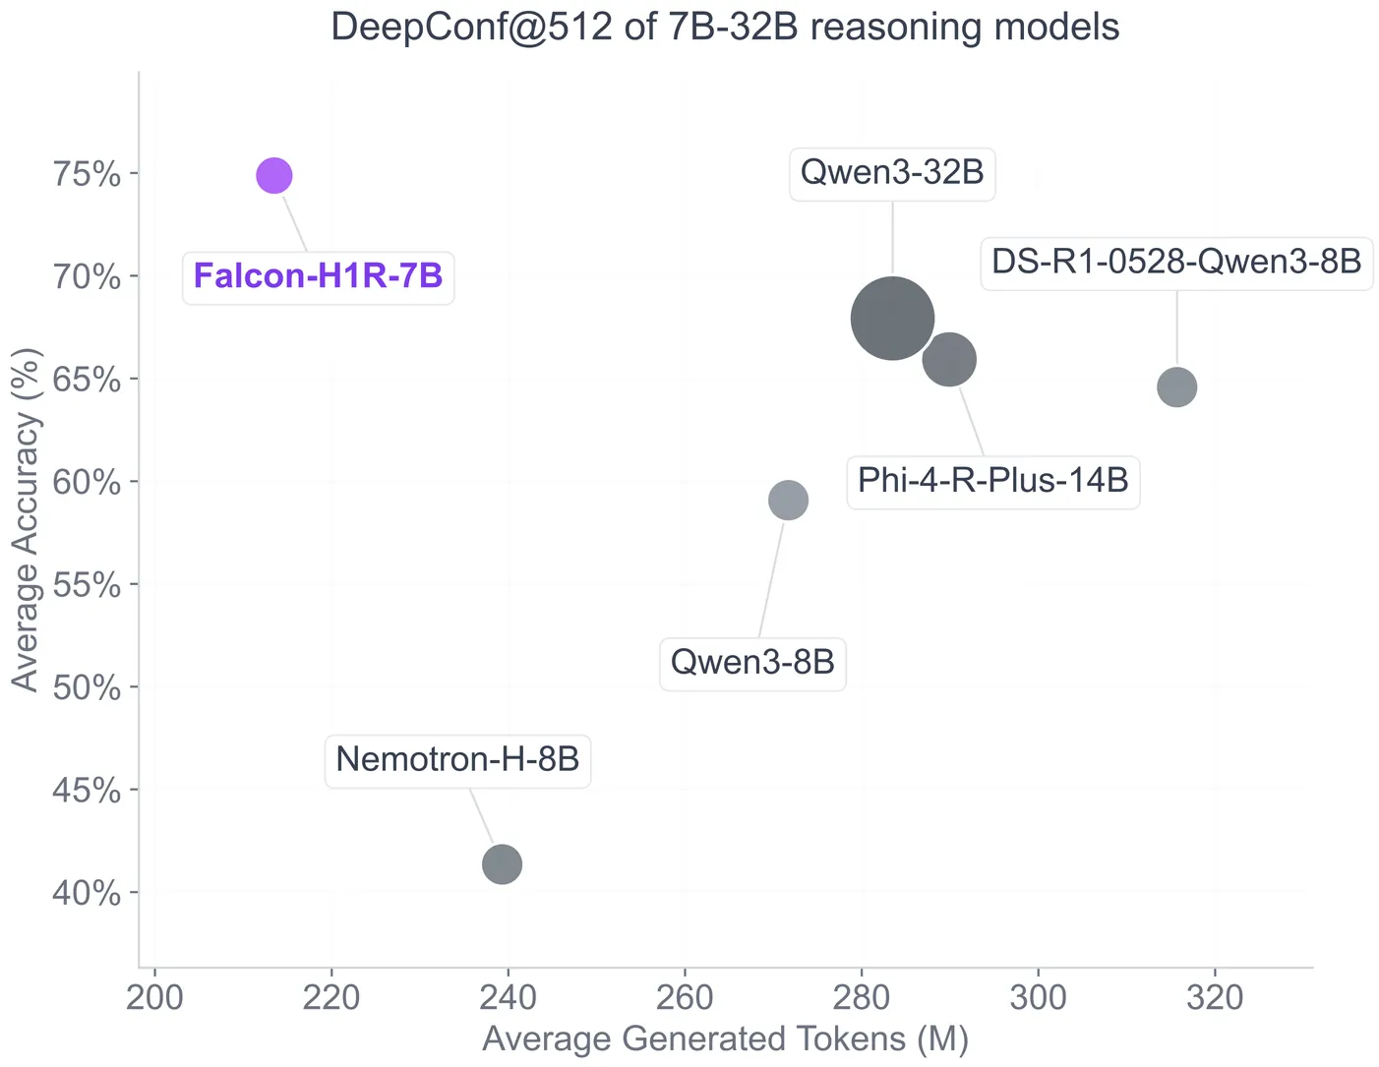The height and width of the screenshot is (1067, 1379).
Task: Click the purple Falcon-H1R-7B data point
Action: [x=274, y=175]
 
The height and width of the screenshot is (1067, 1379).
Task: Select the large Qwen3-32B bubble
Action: [x=892, y=319]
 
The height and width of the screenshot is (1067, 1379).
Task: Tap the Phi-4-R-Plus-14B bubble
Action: [x=949, y=359]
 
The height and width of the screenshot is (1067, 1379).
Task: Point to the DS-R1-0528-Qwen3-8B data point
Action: [x=1176, y=386]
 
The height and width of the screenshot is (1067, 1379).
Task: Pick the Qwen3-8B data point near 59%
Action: [x=788, y=500]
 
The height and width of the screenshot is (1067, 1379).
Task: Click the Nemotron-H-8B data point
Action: [x=502, y=864]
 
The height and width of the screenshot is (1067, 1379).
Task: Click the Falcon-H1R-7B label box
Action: [x=319, y=276]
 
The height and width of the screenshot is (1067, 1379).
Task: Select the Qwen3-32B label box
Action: [x=892, y=173]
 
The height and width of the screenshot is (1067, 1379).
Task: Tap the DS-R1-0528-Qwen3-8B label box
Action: [x=1176, y=263]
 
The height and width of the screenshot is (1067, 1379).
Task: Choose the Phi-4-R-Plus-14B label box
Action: [x=993, y=481]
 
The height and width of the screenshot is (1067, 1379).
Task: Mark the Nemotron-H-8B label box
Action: [x=457, y=760]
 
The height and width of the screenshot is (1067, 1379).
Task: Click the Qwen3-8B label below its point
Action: [x=752, y=663]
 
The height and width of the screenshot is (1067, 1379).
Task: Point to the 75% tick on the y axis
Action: [x=86, y=174]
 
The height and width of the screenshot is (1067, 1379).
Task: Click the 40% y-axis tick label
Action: [x=86, y=893]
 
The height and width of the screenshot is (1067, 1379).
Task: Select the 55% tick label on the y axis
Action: [x=86, y=585]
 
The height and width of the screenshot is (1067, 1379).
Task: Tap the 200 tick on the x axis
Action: [x=155, y=998]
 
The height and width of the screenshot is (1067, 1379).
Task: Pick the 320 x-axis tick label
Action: [x=1214, y=998]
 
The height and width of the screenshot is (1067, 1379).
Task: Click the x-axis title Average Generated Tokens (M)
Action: [x=725, y=1039]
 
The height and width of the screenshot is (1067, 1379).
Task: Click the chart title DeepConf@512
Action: [x=725, y=27]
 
